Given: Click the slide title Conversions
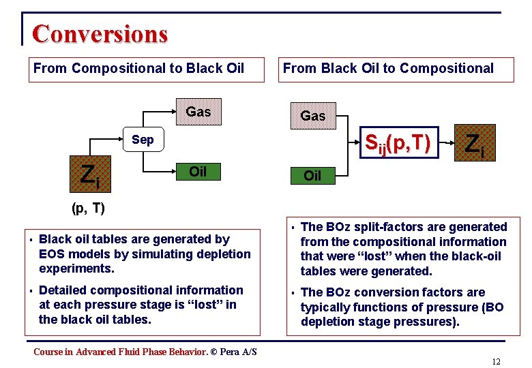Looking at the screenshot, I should [100, 33].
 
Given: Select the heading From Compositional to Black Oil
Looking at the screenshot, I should [138, 68].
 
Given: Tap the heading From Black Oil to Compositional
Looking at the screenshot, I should [388, 68].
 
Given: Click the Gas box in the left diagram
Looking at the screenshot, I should [198, 112].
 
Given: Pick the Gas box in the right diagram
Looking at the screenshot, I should [313, 116].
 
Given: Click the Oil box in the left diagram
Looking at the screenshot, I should [198, 172].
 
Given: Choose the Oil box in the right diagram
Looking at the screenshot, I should [312, 176].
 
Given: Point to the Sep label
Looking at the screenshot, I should [143, 140].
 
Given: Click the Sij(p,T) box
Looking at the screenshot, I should [397, 142].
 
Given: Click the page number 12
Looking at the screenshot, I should [496, 361].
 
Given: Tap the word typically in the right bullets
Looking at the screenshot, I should [325, 307].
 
